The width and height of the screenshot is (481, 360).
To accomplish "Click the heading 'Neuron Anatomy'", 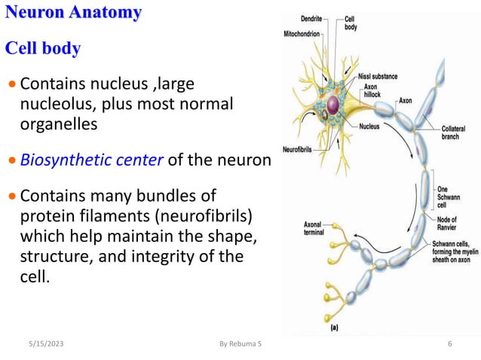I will [x=73, y=13].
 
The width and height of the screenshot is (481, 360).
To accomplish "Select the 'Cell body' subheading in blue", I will [x=43, y=49].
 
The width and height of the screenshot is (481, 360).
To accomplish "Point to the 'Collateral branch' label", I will [x=455, y=133].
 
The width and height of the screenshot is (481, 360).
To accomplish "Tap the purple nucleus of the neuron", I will [x=334, y=105].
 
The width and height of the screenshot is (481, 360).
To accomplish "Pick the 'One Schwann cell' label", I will [x=449, y=194].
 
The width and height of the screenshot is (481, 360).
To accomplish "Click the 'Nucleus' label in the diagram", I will [x=370, y=126].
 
